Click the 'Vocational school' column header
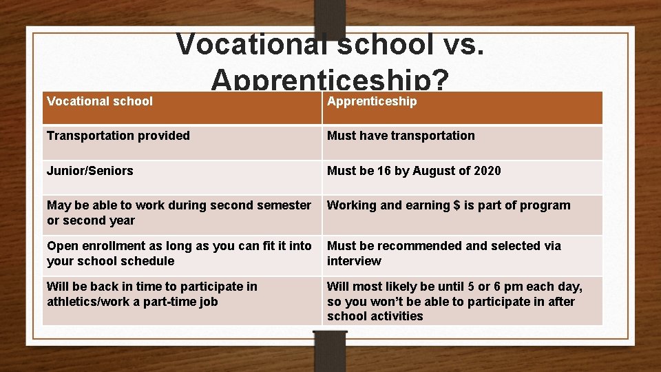[x=100, y=101]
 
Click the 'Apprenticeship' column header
[x=372, y=101]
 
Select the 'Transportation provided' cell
[x=118, y=136]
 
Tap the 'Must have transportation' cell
[x=401, y=136]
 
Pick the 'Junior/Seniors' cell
[x=90, y=170]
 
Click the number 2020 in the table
[x=487, y=170]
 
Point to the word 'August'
[x=434, y=170]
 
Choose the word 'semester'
[x=286, y=205]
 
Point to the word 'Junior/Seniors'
[x=90, y=170]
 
